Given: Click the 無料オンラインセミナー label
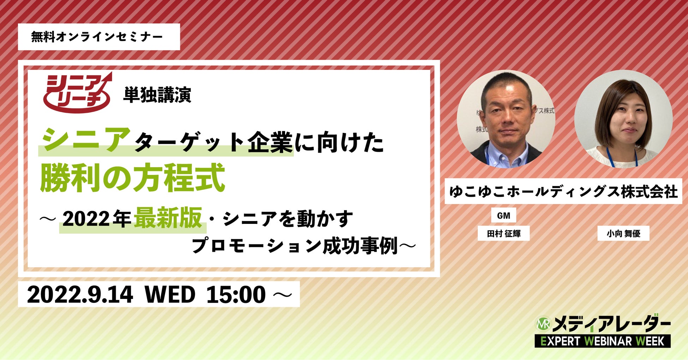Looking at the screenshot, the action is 97,37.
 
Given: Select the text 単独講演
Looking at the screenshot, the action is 157,95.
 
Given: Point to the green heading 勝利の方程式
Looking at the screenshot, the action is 133,177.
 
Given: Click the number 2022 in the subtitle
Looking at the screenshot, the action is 86,219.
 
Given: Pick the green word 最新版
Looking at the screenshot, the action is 168,218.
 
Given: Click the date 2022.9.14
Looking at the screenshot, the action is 80,294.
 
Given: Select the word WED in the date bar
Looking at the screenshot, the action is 170,294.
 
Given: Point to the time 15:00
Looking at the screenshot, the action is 236,294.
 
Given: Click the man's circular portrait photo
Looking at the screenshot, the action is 506,119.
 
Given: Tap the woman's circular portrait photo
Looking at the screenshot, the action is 623,119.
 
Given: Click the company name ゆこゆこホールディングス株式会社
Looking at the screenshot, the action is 563,191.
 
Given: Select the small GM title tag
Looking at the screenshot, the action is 503,215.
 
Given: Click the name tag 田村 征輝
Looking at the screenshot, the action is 503,233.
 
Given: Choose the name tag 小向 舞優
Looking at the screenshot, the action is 623,233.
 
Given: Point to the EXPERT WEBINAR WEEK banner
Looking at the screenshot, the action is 603,341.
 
